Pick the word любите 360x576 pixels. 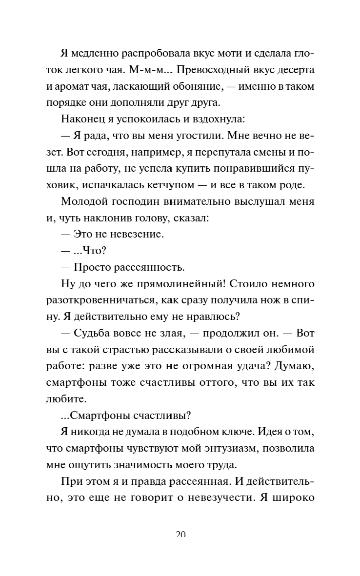pyautogui.click(x=66, y=399)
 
